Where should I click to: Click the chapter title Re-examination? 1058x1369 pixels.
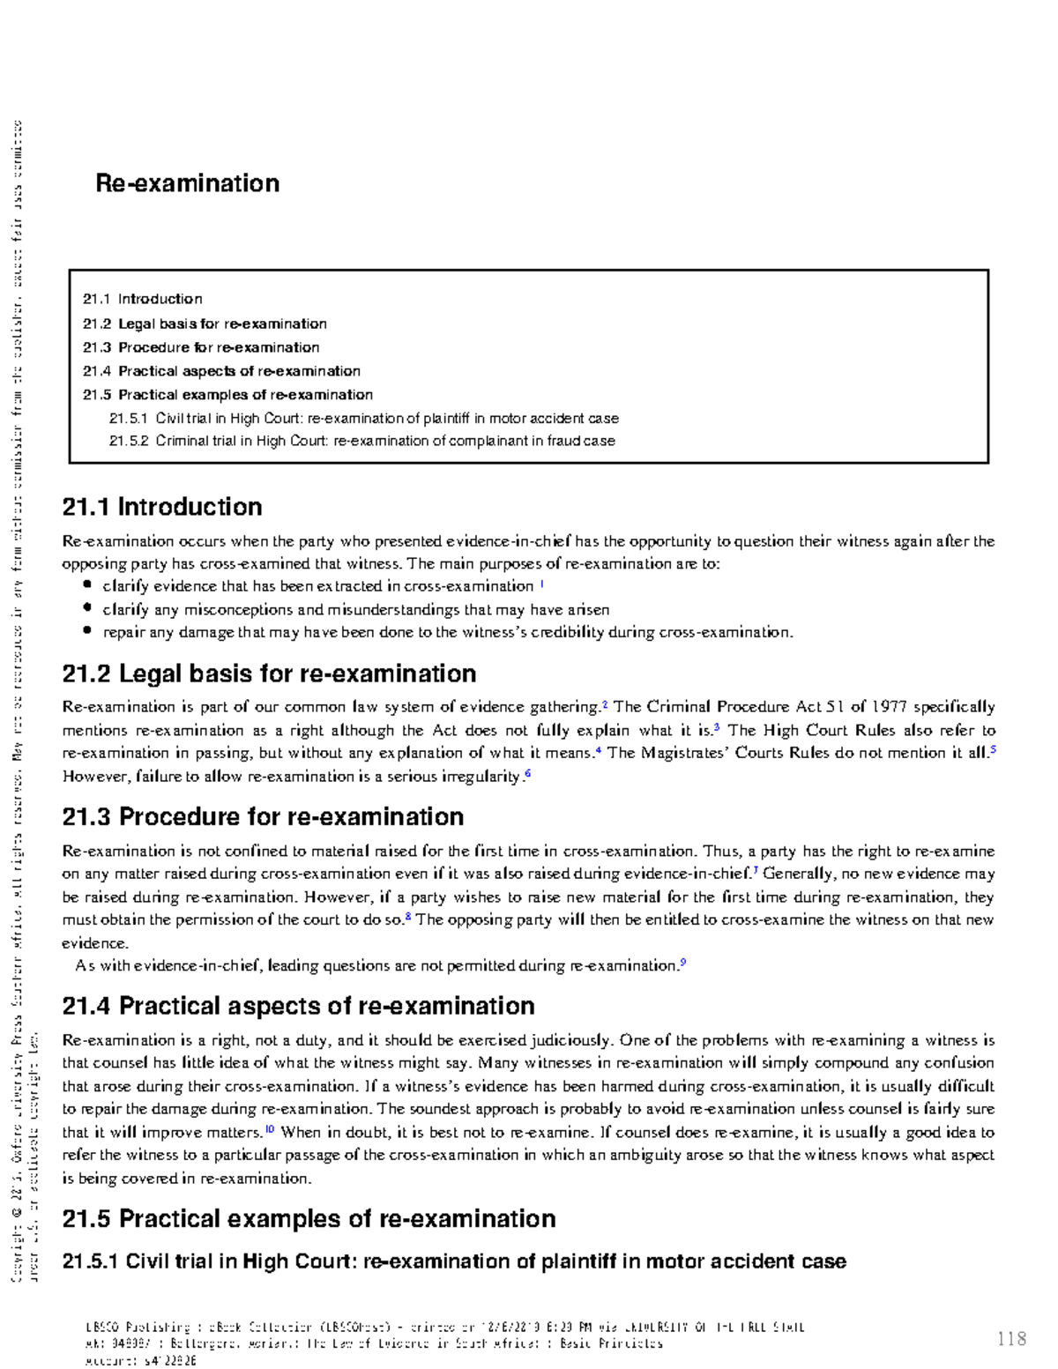[x=187, y=183]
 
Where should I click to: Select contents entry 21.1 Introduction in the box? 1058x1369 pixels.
[x=143, y=299]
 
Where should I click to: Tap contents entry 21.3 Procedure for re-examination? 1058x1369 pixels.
[x=201, y=347]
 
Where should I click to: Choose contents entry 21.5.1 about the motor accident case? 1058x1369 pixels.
[x=364, y=419]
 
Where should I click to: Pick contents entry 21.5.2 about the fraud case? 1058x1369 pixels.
[x=362, y=441]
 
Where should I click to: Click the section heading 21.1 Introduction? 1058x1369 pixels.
[x=162, y=507]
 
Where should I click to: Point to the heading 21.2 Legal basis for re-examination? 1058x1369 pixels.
[x=269, y=674]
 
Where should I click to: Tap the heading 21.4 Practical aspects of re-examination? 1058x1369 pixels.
[x=298, y=1007]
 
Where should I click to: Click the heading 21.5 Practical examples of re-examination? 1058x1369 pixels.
[x=309, y=1219]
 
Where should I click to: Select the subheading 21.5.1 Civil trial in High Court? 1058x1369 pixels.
[x=454, y=1261]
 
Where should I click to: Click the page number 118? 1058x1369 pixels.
[x=1011, y=1339]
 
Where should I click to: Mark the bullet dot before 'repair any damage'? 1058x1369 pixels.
[x=86, y=631]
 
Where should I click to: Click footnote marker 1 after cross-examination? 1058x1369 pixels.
[x=541, y=584]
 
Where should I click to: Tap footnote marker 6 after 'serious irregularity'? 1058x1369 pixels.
[x=527, y=774]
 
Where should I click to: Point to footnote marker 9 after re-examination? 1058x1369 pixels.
[x=683, y=963]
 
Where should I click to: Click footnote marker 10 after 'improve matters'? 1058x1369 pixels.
[x=270, y=1129]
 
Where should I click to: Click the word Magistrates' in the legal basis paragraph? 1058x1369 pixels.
[x=684, y=753]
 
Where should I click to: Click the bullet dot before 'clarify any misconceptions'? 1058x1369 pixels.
[x=86, y=608]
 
